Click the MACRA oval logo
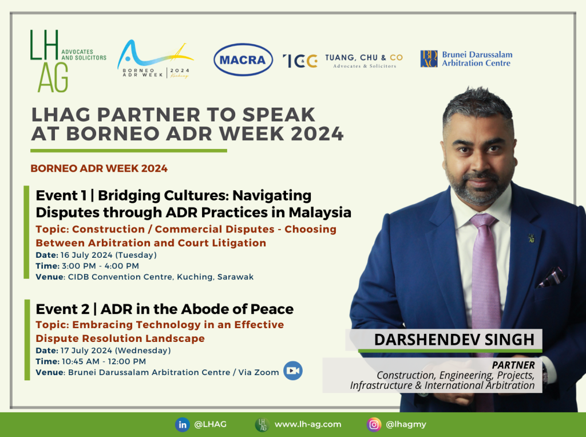click(x=243, y=60)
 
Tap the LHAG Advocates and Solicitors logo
click(x=68, y=61)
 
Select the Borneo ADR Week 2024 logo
click(x=155, y=59)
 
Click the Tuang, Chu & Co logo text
click(x=364, y=61)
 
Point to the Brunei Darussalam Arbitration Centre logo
click(x=466, y=59)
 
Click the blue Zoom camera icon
click(x=292, y=371)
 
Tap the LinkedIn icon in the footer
click(x=183, y=424)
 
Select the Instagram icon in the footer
click(x=374, y=424)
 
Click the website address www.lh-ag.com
click(x=308, y=424)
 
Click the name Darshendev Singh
click(x=454, y=340)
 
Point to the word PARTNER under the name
click(x=513, y=365)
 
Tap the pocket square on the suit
click(x=552, y=277)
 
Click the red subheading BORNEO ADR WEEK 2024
click(x=99, y=168)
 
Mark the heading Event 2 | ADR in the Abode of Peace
click(x=165, y=309)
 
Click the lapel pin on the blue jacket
click(x=531, y=238)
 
